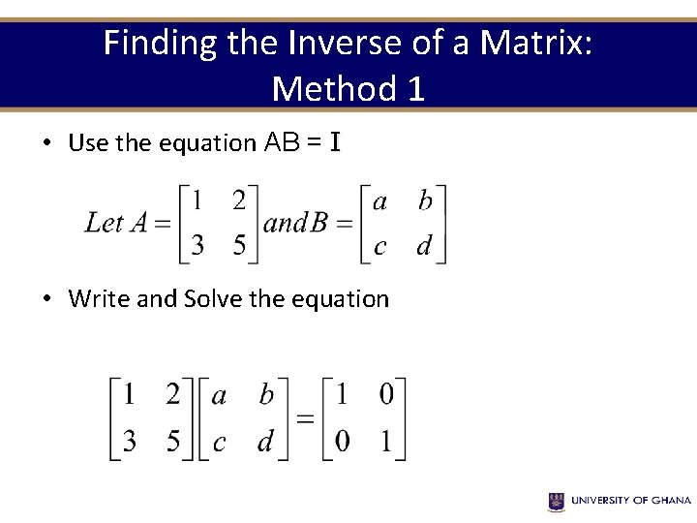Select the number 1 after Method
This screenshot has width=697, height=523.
[414, 89]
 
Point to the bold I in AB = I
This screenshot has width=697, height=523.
[335, 143]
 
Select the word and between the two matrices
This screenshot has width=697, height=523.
[286, 223]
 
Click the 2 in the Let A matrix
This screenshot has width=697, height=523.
[239, 200]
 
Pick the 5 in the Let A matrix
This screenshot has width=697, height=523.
[239, 246]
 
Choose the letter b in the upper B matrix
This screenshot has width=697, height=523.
[425, 200]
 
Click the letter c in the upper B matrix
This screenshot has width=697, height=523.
[379, 247]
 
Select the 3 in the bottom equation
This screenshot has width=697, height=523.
[129, 442]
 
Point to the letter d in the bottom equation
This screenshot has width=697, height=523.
[265, 442]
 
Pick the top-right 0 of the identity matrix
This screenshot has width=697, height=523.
[386, 395]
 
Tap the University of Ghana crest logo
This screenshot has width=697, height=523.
[557, 501]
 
